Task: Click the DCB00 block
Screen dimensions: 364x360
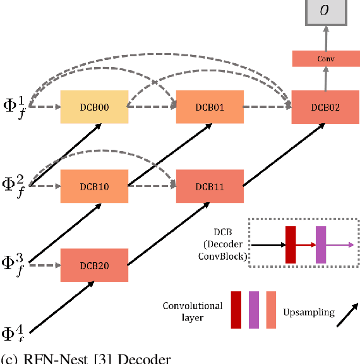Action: pos(94,107)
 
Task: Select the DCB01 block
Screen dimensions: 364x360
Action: pos(210,107)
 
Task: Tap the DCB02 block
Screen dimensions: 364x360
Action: pos(325,107)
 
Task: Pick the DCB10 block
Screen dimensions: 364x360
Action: pos(94,186)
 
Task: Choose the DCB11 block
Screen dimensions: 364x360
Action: pos(210,186)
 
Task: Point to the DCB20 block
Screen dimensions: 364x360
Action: pos(94,265)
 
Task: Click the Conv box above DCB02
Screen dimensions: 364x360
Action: pos(325,59)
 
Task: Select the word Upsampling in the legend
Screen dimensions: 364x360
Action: pos(308,312)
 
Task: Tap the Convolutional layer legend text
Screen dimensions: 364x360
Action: pos(193,312)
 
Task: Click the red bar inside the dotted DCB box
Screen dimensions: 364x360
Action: pos(291,244)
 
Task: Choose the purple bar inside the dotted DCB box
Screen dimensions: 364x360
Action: pos(321,244)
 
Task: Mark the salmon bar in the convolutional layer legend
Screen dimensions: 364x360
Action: pos(271,310)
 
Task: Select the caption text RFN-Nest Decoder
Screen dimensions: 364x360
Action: pos(88,358)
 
